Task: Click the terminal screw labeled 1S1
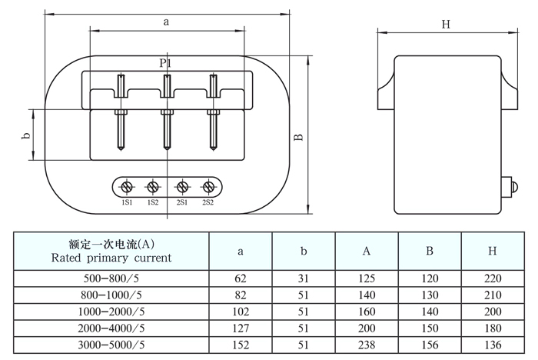[127, 187]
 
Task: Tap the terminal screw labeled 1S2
[153, 187]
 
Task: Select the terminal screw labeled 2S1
[182, 187]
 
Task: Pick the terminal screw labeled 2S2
[208, 187]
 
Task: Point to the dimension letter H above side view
[446, 24]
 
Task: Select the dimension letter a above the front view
[166, 22]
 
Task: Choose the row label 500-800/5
[112, 278]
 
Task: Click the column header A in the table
[367, 251]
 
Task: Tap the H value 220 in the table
[493, 278]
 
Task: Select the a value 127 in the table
[241, 326]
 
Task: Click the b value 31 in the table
[304, 278]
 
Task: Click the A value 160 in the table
[367, 310]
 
